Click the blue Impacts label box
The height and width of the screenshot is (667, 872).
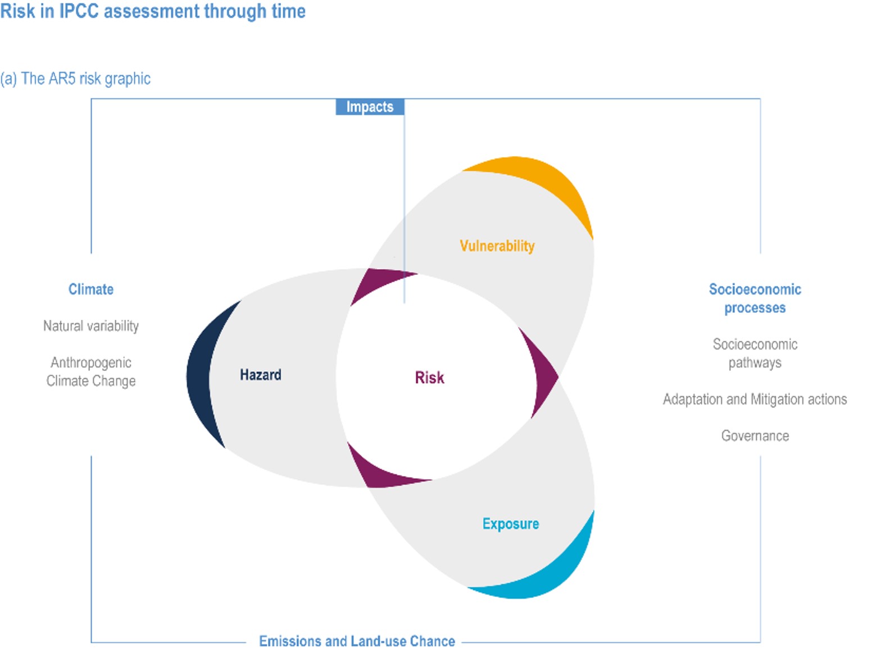(x=370, y=107)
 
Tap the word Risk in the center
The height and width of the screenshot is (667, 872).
(x=429, y=378)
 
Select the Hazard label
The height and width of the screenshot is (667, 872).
(x=260, y=375)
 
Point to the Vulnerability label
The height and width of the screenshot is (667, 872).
(x=497, y=246)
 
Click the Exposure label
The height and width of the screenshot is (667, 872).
(x=510, y=524)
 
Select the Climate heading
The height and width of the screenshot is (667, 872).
(x=91, y=289)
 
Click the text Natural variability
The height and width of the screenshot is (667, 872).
(x=91, y=326)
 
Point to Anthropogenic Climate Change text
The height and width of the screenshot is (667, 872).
(x=91, y=371)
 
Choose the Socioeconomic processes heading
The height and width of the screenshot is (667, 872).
(x=755, y=298)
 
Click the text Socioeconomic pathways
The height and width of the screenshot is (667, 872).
(x=755, y=353)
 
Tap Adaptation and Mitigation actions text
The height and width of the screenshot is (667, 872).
(x=755, y=399)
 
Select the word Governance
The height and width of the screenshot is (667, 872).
(x=755, y=435)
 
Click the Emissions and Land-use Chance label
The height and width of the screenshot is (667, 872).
(x=357, y=641)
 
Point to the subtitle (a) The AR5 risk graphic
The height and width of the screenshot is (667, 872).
(x=75, y=79)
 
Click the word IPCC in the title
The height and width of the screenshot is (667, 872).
(x=79, y=11)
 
